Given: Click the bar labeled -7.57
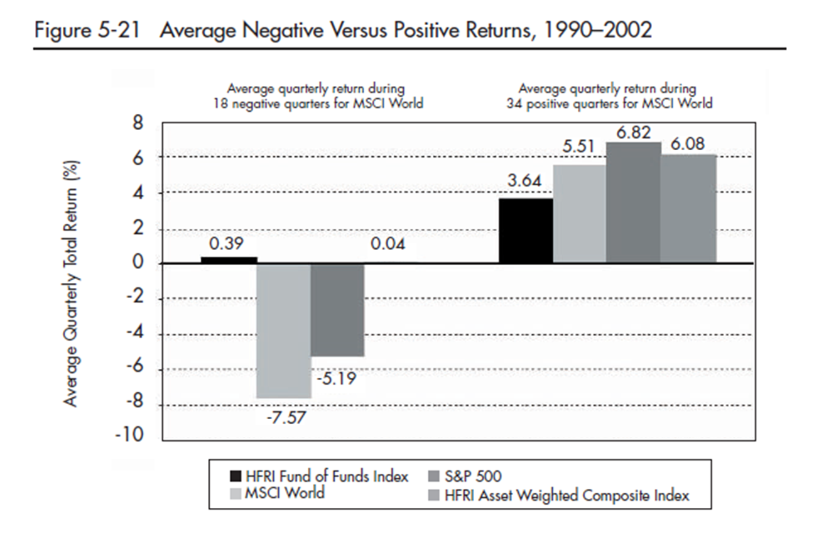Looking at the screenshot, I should pos(284,331).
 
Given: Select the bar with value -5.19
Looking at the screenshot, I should pos(338,310).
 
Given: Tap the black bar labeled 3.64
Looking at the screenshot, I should pos(526,230).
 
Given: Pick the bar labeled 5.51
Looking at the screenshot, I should pos(580,214).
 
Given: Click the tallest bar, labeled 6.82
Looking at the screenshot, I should pos(634,202).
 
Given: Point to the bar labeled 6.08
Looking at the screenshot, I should pos(688,209).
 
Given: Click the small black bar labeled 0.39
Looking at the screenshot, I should pos(229,260).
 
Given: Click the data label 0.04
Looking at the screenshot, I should pos(388,244).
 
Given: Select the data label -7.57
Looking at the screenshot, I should pos(284,417).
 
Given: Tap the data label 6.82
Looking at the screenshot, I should pos(633,133).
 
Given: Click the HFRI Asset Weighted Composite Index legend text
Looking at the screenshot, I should pos(567,495).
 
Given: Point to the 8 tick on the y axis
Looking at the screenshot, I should pos(138,123).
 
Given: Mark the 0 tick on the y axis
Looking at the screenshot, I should pos(138,263).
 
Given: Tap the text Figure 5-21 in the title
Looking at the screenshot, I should pos(89,31).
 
